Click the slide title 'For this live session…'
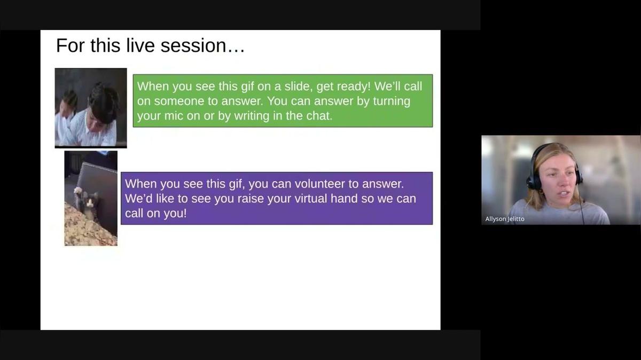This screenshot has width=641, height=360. [150, 46]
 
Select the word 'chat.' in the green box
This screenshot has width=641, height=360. [318, 116]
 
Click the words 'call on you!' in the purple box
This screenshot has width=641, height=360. [156, 214]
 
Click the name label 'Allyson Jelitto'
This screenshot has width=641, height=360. [505, 219]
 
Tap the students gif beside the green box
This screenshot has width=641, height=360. [91, 107]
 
